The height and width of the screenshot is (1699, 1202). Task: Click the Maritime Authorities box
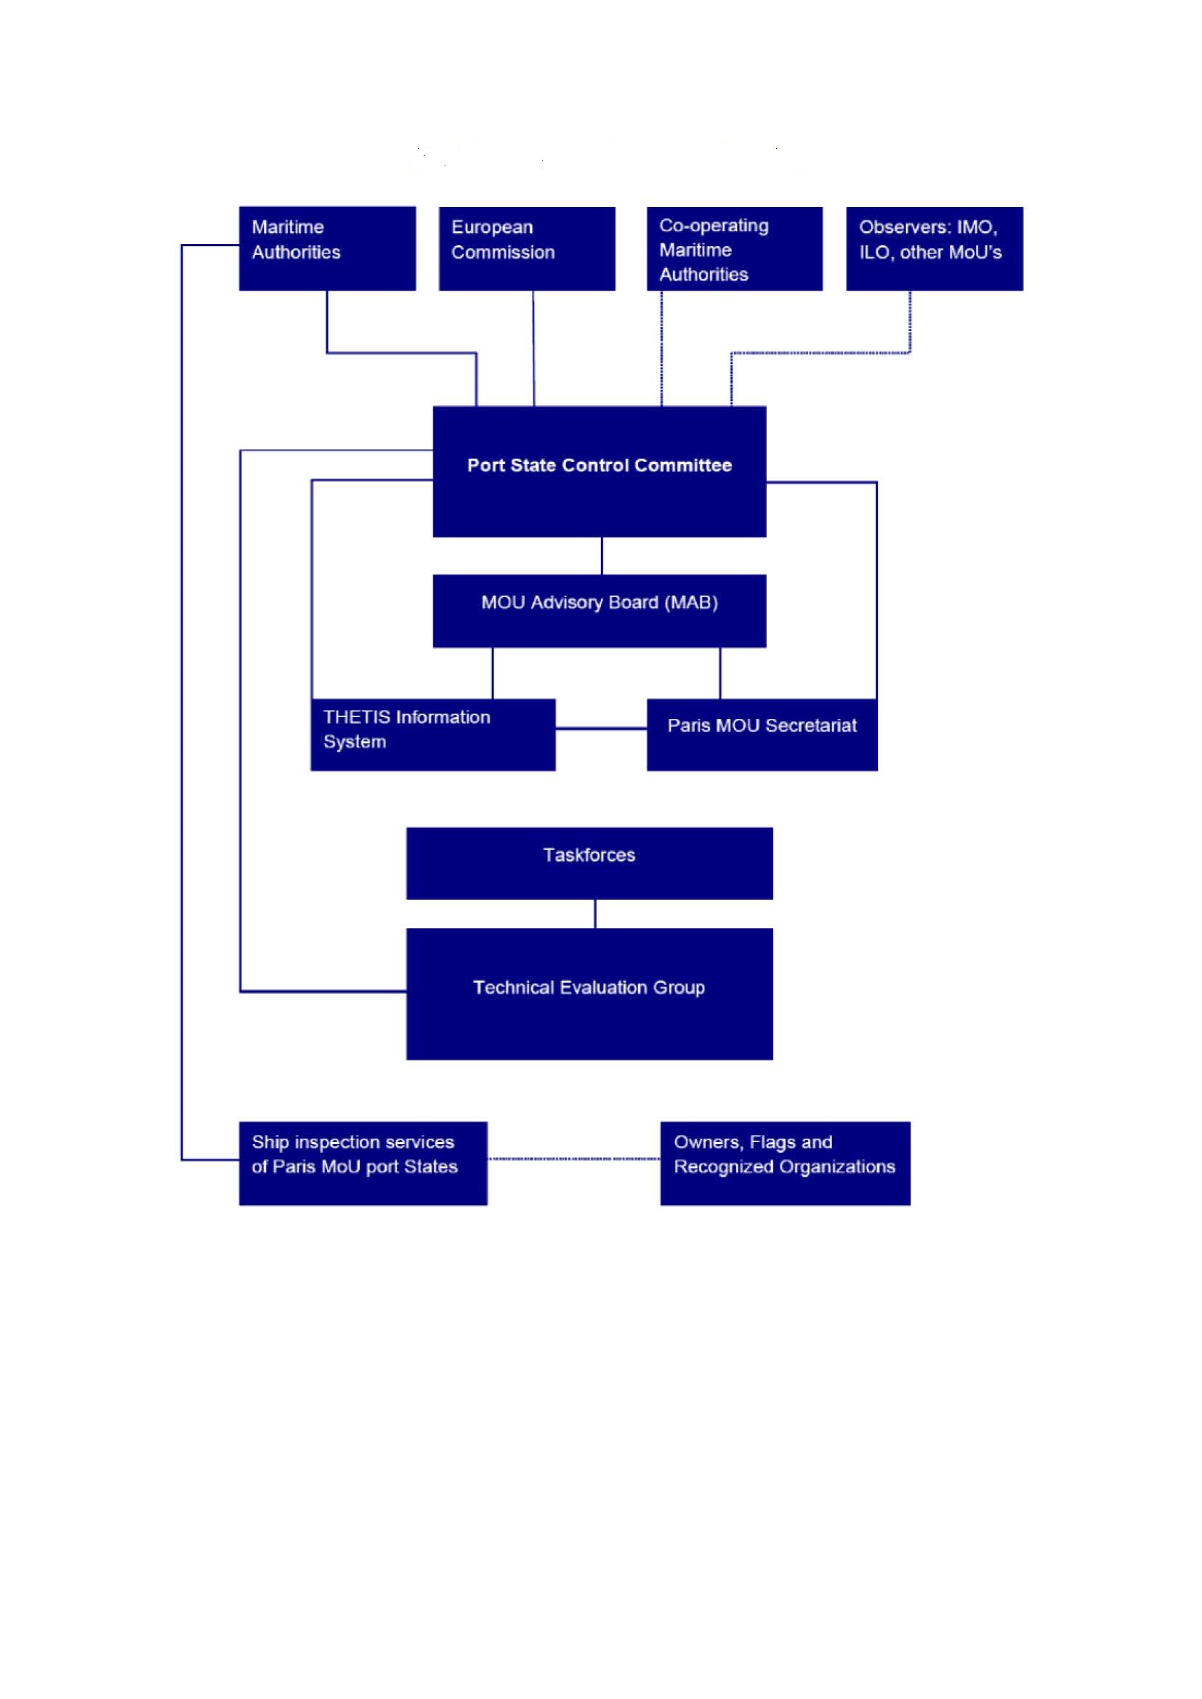coord(327,248)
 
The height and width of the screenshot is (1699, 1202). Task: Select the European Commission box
coord(526,248)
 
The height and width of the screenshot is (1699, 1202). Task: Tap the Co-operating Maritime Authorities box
coord(734,248)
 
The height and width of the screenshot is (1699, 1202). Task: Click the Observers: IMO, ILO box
coord(934,248)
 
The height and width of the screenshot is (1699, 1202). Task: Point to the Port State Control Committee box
coord(599,471)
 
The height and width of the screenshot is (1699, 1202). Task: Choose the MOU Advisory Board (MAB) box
coord(599,610)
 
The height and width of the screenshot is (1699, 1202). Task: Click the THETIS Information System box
coord(432,734)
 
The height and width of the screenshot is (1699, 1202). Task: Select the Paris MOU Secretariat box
coord(762,734)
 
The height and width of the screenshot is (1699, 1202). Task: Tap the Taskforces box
coord(589,863)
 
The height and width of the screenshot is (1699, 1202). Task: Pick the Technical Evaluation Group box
coord(589,993)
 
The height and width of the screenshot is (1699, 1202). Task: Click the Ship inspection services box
coord(363,1162)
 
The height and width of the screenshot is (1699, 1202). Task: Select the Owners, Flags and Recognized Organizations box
coord(785,1162)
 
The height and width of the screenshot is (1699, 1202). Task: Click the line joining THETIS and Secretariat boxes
coord(601,729)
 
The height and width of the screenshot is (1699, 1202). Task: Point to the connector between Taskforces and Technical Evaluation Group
coord(595,914)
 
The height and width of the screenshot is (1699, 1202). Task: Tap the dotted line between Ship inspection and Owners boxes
coord(573,1158)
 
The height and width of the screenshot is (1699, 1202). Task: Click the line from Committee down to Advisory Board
coord(602,556)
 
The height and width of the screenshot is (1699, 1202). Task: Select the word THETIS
coord(356,717)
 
